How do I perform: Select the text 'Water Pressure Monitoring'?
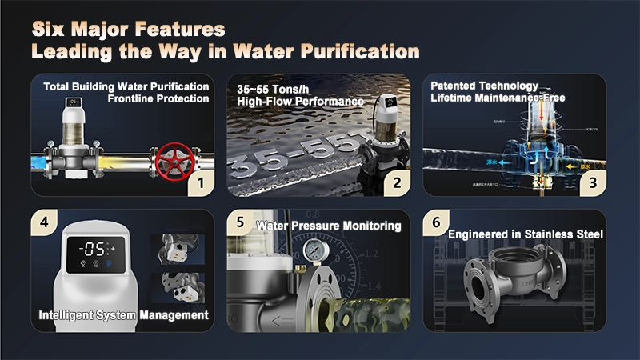pyautogui.click(x=328, y=226)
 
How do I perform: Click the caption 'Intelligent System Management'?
pyautogui.click(x=123, y=315)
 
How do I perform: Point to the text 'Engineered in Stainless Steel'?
pyautogui.click(x=525, y=234)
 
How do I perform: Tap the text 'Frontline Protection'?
pyautogui.click(x=158, y=99)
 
